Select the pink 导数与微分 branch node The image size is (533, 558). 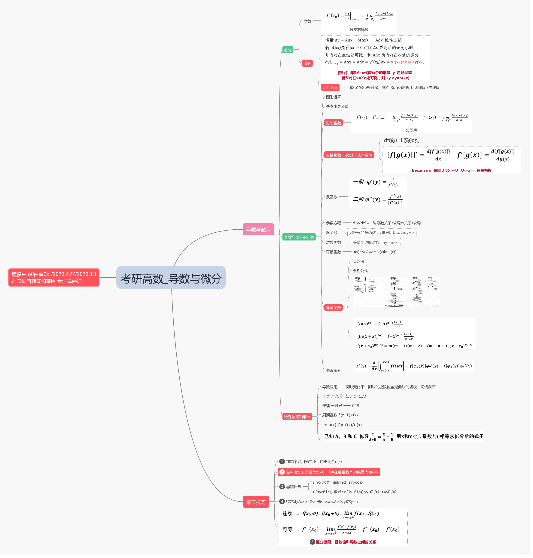coord(258,230)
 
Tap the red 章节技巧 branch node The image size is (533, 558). coord(256,502)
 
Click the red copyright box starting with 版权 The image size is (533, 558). coord(54,277)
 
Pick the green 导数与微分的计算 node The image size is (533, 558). coord(299,237)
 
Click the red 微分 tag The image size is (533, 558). coord(307,64)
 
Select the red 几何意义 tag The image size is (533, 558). coord(330,88)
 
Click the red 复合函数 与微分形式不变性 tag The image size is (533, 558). coord(349,155)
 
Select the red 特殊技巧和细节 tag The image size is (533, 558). coord(297,417)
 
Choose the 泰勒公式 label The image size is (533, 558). coord(360,271)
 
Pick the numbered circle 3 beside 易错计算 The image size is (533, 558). coord(282,487)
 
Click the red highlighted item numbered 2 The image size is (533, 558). coord(329,472)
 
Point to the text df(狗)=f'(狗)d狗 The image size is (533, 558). coord(401,140)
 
